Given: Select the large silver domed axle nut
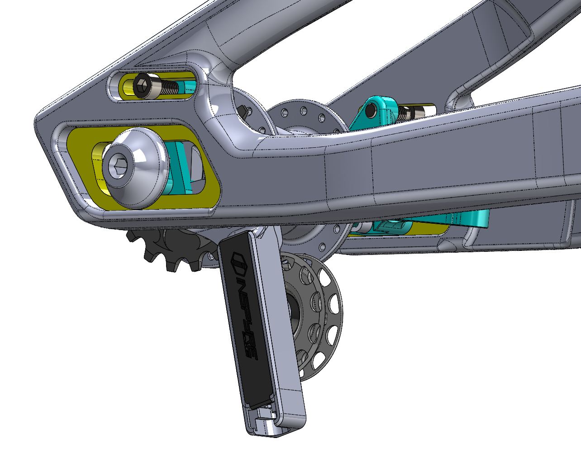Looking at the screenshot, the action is [x=135, y=168].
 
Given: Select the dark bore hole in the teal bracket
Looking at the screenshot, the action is [x=371, y=110].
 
